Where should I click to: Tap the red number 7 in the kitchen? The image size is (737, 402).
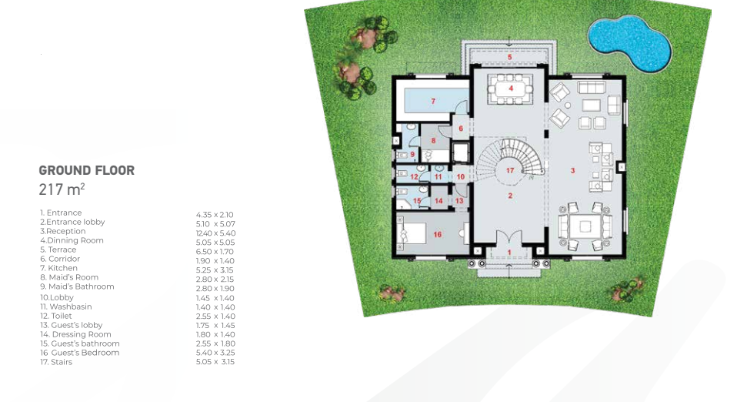[433, 101]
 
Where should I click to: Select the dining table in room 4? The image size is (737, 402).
[511, 88]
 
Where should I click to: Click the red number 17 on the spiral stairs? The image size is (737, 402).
[510, 170]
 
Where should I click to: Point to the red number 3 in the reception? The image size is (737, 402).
[572, 170]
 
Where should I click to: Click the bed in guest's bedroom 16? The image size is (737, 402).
[412, 234]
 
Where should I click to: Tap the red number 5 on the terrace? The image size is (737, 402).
[509, 58]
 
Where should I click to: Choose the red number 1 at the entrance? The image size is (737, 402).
[509, 253]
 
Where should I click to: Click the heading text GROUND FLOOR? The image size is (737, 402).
[86, 170]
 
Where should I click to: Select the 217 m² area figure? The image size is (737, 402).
[62, 189]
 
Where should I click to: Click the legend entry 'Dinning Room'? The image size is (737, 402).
[72, 240]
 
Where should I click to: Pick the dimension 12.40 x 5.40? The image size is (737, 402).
[215, 233]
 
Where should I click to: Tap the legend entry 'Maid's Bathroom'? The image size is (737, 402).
[77, 286]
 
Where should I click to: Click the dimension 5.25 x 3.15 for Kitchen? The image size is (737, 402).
[215, 270]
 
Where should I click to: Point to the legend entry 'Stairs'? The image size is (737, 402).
[56, 362]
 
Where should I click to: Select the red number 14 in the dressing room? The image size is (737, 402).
[439, 201]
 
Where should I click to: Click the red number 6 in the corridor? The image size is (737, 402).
[461, 128]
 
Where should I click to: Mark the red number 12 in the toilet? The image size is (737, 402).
[414, 177]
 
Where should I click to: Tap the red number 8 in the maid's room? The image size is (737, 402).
[433, 140]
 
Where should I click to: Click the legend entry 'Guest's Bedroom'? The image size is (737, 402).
[80, 353]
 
